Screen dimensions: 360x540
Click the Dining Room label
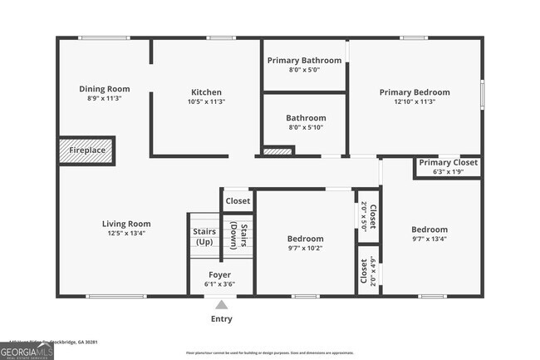pos(105,89)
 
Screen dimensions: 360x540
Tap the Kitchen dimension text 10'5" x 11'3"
pos(206,101)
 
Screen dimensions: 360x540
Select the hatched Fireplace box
pos(86,150)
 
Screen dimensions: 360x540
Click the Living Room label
pos(126,224)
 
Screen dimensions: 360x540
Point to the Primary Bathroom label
pos(304,61)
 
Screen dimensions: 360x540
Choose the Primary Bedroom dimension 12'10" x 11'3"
pos(415,101)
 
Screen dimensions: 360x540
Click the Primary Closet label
pos(448,162)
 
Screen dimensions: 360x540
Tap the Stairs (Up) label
pos(204,236)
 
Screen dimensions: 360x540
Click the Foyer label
pos(219,274)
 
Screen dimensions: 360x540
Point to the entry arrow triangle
pos(220,304)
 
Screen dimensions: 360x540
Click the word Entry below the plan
pos(221,319)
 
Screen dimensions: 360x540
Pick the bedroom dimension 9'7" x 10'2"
pos(305,248)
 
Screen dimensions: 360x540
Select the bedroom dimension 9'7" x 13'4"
pos(430,239)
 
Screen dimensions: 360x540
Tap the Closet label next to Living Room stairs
pos(238,200)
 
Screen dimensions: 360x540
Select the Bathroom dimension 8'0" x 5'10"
pos(306,127)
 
